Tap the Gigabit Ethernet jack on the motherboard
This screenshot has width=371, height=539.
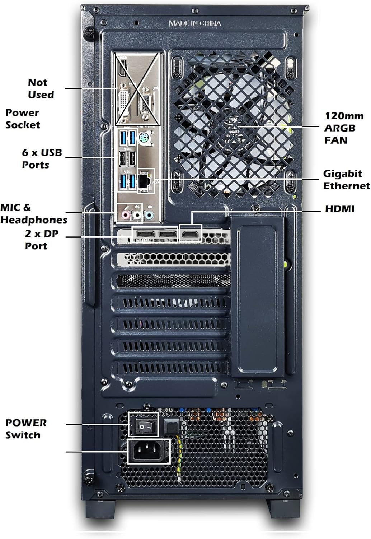145,181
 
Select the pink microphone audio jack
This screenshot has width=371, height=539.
125,215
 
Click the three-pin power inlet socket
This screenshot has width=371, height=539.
149,451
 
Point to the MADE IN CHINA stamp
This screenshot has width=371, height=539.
195,23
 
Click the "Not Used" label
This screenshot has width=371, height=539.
41,88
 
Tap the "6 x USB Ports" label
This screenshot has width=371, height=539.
42,158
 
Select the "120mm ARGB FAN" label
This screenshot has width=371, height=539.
343,128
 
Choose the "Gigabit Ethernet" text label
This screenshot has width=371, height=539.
346,180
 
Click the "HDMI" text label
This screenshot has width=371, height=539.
339,209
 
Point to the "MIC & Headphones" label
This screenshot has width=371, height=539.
34,214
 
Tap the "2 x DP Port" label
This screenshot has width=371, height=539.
41,240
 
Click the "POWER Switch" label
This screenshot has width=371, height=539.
26,429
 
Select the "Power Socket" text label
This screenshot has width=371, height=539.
22,119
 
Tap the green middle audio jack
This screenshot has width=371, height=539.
137,215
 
